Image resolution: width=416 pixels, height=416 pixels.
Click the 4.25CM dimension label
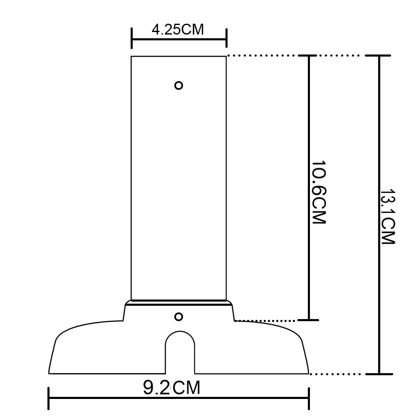[x=178, y=30]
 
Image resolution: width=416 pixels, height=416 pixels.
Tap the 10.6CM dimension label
[x=319, y=192]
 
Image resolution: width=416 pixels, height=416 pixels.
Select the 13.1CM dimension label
[x=387, y=217]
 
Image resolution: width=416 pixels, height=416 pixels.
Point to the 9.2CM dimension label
[x=171, y=388]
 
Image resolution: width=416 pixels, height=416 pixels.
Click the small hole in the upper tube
[x=178, y=85]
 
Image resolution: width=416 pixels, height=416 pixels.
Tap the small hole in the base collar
[x=178, y=317]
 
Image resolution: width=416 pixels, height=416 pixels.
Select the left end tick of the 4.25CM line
[x=132, y=39]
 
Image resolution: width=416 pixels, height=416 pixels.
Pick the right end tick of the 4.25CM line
[x=226, y=39]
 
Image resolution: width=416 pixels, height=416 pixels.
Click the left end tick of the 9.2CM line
[x=49, y=399]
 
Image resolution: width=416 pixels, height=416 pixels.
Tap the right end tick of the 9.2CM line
[x=308, y=399]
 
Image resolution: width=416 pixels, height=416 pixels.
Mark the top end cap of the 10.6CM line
[x=309, y=55]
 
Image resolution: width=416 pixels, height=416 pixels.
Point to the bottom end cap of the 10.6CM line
[x=309, y=320]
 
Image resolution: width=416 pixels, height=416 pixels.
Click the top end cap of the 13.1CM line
[x=379, y=55]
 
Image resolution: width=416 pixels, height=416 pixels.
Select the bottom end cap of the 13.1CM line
[x=379, y=374]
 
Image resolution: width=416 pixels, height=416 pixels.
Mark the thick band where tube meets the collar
[x=179, y=302]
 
